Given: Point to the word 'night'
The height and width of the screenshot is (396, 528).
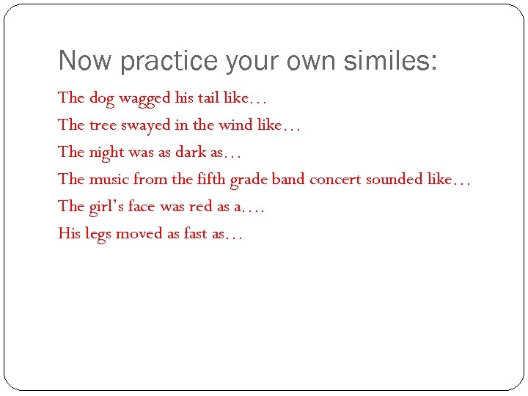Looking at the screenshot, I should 106,153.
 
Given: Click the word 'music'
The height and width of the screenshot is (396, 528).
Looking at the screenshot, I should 109,179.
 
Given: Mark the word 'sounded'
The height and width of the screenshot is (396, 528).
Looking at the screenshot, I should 395,179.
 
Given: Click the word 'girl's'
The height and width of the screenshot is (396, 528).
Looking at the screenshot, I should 106,207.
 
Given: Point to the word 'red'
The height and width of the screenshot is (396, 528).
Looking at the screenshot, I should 200,206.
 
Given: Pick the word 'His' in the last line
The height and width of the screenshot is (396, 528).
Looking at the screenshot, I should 69,233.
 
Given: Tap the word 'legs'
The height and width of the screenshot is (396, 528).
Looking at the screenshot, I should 97,235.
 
